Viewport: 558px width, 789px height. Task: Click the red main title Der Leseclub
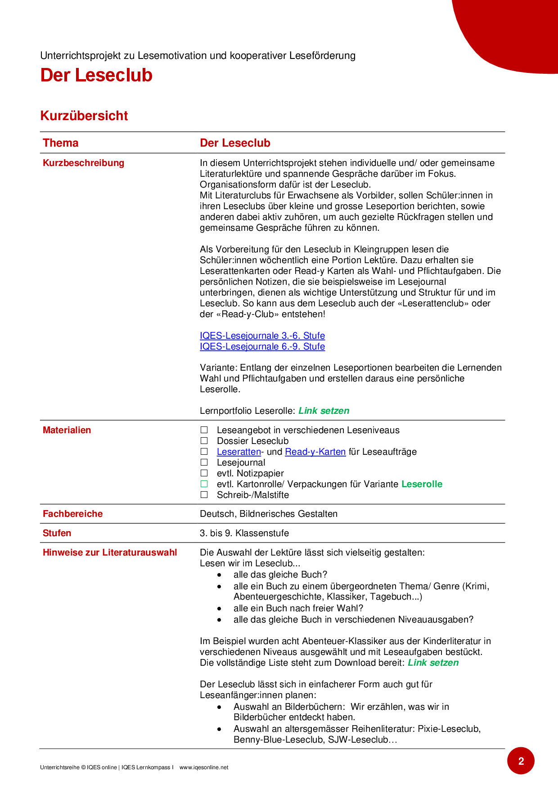click(x=96, y=75)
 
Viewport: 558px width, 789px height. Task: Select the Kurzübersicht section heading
click(x=84, y=116)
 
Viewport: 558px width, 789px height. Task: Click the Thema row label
click(x=60, y=143)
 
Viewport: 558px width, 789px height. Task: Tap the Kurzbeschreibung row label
click(x=83, y=163)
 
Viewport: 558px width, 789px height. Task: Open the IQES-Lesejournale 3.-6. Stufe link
click(x=262, y=336)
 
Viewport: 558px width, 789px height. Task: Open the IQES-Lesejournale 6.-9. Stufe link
click(x=262, y=346)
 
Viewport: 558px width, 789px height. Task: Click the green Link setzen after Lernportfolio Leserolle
click(x=324, y=411)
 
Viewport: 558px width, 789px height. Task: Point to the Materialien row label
click(x=67, y=430)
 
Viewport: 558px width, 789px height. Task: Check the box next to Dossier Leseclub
click(x=204, y=441)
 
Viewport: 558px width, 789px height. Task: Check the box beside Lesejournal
click(x=204, y=462)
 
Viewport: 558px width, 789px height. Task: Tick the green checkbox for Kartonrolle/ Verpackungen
click(x=204, y=484)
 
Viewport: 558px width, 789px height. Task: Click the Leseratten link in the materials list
click(x=238, y=452)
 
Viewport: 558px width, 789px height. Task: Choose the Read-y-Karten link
click(x=315, y=452)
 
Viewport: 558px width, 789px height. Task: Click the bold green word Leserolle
click(x=422, y=484)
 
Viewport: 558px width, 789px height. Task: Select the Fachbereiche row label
click(x=72, y=514)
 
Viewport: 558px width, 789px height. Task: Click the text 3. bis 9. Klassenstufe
click(x=244, y=533)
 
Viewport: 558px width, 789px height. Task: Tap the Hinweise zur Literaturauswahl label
click(x=110, y=552)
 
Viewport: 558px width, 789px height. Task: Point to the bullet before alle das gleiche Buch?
click(x=219, y=575)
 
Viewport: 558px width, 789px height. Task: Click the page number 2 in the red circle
click(x=521, y=761)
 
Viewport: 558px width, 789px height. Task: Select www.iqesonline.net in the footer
click(x=203, y=767)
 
